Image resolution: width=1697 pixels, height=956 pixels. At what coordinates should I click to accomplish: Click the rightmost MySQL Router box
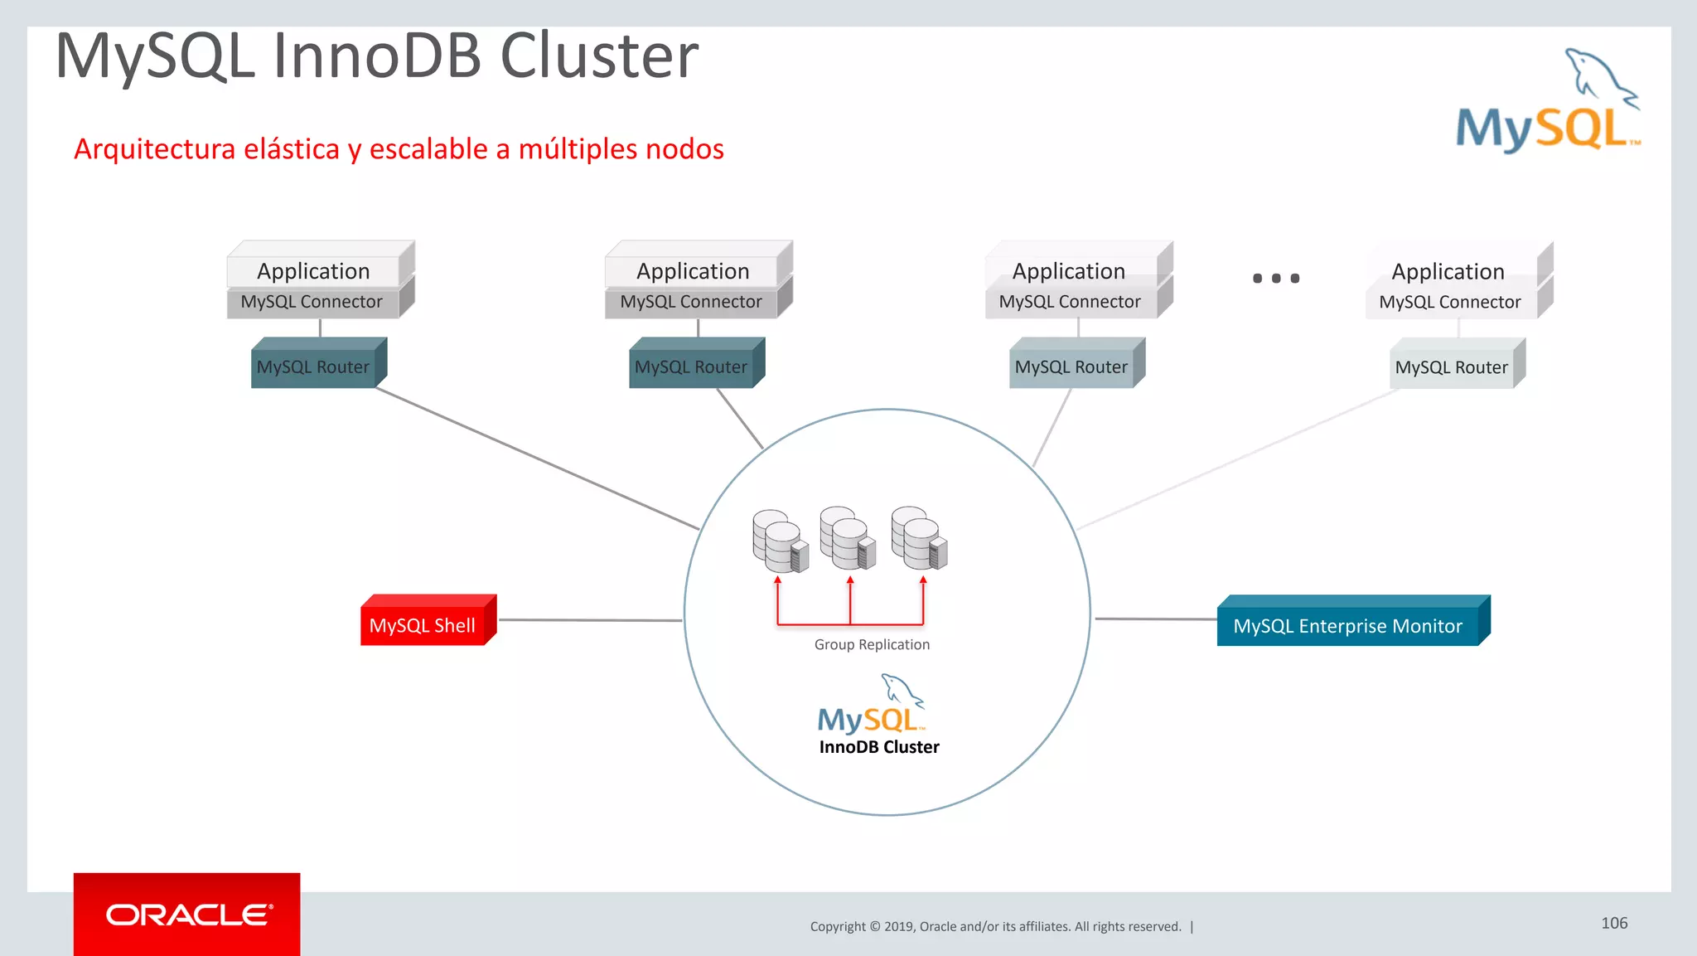(1452, 367)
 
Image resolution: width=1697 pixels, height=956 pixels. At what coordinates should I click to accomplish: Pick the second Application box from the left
(693, 271)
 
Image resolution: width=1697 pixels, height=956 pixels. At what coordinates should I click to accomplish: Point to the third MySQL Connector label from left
(1070, 302)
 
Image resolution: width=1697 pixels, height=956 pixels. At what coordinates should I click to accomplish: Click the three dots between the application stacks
(1275, 279)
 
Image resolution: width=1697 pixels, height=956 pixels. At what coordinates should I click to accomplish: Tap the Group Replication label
(872, 644)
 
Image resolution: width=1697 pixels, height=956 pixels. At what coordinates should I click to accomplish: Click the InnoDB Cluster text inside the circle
(879, 747)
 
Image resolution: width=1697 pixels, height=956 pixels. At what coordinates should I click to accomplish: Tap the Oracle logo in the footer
(187, 915)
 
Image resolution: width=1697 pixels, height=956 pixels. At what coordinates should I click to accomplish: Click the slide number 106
(1614, 923)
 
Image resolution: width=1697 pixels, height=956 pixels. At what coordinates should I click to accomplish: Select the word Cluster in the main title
(599, 56)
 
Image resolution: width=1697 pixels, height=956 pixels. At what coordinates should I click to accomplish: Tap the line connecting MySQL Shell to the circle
(590, 619)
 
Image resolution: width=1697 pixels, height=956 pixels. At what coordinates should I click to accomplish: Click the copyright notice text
(995, 926)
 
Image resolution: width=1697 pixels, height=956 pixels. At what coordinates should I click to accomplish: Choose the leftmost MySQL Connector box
(312, 302)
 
